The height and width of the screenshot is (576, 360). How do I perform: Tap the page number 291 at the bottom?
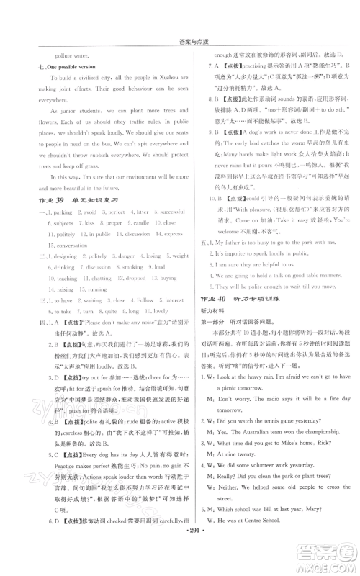[x=180, y=554]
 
